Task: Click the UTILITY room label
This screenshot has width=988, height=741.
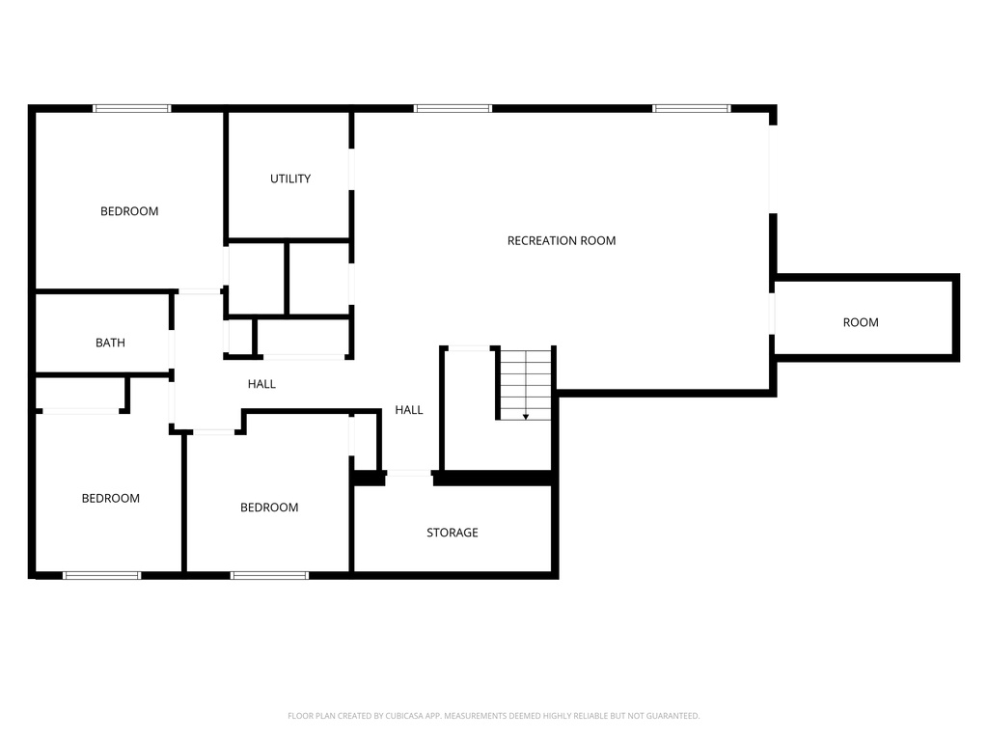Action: (290, 178)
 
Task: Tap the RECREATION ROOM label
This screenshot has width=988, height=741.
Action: (562, 240)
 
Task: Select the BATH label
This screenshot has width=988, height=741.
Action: (110, 343)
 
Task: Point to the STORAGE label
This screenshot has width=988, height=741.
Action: (453, 533)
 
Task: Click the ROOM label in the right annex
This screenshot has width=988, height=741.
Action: (861, 322)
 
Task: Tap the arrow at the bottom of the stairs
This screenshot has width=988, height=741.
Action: (526, 416)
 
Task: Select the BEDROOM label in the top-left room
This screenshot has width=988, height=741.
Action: (129, 211)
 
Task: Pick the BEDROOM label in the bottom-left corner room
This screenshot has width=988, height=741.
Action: (110, 498)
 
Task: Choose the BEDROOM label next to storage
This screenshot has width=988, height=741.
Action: (269, 508)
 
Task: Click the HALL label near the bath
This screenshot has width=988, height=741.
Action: (261, 384)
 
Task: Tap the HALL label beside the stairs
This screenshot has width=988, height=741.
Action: (409, 410)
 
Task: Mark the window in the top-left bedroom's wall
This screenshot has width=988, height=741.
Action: (131, 108)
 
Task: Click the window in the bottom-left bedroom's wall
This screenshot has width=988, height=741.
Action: (101, 575)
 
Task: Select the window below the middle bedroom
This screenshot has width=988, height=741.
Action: (269, 575)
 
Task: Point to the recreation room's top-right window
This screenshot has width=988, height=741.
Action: (692, 108)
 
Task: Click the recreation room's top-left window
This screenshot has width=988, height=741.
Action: (453, 108)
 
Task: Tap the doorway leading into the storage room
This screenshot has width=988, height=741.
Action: (409, 473)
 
